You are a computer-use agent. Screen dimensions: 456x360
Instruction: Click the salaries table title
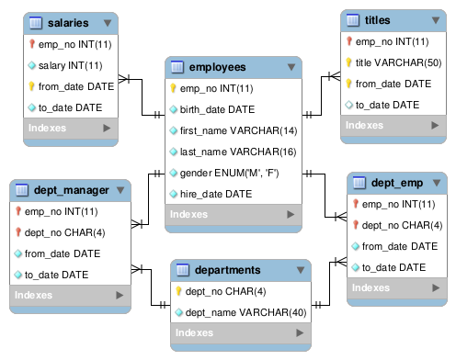pos(68,23)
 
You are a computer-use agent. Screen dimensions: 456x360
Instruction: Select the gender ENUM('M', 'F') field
pos(229,173)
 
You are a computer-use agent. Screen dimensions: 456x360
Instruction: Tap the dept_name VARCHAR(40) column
pos(245,312)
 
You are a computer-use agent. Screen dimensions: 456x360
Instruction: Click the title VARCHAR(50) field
pos(398,62)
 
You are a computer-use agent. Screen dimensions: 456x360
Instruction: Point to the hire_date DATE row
pos(216,194)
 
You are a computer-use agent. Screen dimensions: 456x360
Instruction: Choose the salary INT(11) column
pos(70,65)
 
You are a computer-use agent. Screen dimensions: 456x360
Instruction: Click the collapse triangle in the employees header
pos(291,67)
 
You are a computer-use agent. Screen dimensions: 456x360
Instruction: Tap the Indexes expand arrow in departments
pos(300,332)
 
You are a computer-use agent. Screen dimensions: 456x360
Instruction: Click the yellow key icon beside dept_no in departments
pos(178,291)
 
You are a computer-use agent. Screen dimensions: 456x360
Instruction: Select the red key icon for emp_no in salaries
pos(31,44)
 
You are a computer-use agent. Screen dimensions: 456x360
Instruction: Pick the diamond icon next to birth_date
pos(174,109)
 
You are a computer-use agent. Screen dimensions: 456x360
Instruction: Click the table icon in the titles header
pos(353,20)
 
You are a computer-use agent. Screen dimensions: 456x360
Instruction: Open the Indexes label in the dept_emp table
pos(370,287)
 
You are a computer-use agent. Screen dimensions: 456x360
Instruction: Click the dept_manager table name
pos(72,190)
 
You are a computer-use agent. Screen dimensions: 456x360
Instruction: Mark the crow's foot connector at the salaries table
pos(124,79)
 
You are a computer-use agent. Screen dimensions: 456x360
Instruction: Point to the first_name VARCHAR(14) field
pos(238,130)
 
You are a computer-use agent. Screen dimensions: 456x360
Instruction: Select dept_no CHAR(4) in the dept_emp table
pos(402,225)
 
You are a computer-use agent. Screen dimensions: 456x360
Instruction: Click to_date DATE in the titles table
pos(387,105)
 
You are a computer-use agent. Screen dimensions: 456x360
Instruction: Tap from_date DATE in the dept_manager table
pos(63,253)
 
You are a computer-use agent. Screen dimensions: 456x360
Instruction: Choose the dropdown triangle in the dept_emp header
pos(437,183)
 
